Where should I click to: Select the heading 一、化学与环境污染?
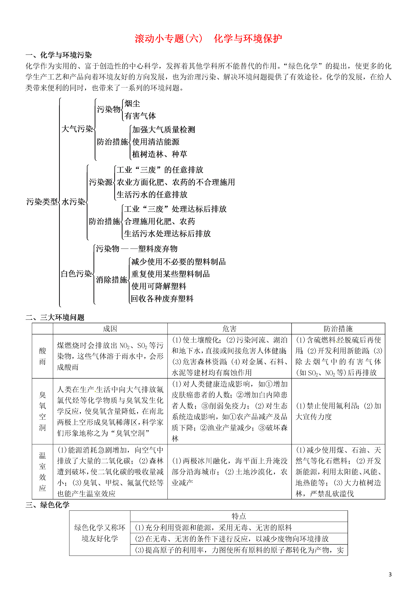59,55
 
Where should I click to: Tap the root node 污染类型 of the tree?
42,202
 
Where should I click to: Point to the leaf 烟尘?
132,104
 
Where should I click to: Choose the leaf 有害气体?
140,116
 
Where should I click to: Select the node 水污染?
73,202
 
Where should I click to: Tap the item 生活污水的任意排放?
152,194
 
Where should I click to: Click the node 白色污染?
76,274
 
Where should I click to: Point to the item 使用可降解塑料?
159,286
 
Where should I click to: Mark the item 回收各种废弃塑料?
162,298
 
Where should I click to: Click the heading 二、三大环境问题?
55,317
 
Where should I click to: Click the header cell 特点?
239,516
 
